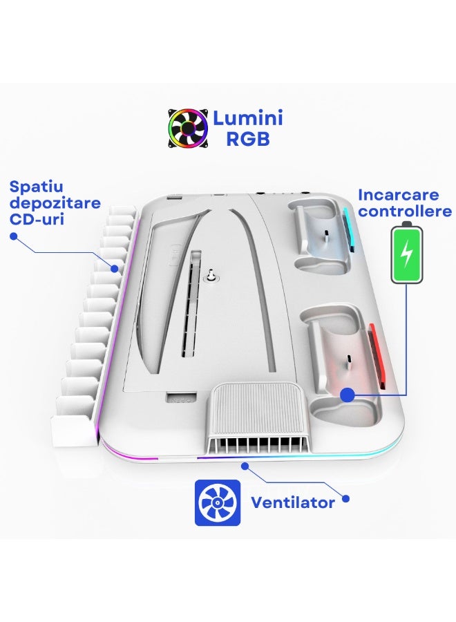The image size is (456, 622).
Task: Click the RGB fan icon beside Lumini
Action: point(188,128)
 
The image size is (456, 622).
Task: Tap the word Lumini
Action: point(247,117)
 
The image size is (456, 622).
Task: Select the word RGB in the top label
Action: point(247,139)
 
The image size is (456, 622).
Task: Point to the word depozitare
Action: point(55,204)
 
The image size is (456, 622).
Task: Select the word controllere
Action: point(405,211)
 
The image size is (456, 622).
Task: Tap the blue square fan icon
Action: point(218,502)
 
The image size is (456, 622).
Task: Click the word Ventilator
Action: point(292,502)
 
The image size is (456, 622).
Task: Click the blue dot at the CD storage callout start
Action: point(13,236)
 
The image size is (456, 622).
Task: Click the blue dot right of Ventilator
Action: point(346,498)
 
